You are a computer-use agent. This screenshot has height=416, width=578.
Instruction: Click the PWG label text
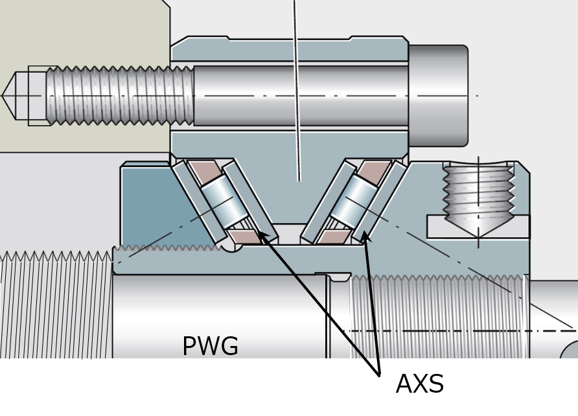[210, 346]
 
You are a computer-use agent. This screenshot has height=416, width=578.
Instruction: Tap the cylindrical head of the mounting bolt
[438, 96]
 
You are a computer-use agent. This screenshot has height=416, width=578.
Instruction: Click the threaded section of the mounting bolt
[120, 95]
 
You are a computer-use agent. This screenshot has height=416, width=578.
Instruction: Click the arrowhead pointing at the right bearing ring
[366, 238]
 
